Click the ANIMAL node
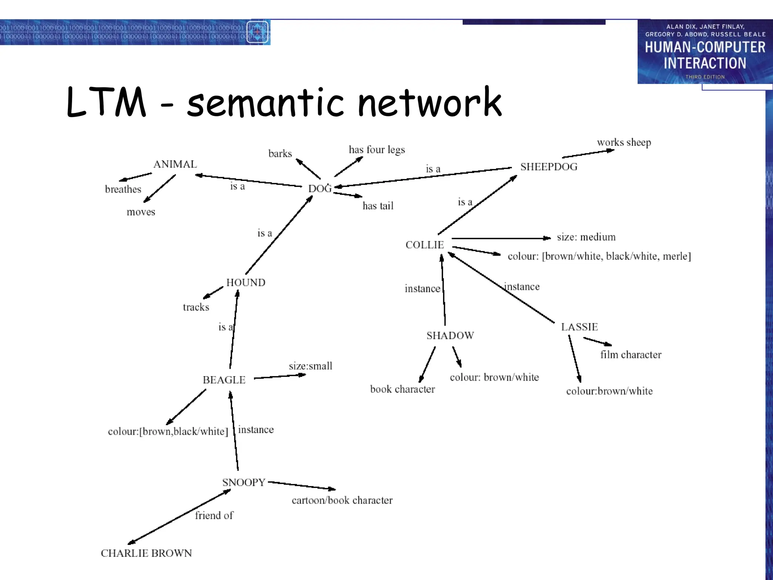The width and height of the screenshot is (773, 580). coord(175,164)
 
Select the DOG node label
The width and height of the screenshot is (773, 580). coord(320,188)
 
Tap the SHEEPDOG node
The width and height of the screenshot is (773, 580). coord(549,167)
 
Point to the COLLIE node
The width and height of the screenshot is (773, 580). coord(425,245)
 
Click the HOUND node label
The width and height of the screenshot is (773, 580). coord(246,282)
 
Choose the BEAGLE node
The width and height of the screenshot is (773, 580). coord(224,380)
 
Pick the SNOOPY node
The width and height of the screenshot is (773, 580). coord(244,482)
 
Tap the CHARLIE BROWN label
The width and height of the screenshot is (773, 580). coord(146,553)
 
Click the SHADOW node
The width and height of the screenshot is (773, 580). coord(450,335)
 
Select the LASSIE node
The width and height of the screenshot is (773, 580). coord(579,327)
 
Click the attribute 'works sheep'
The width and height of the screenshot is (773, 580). coord(624,142)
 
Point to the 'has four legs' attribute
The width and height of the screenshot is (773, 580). coord(377,150)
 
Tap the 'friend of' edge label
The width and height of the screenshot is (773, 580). coord(214,515)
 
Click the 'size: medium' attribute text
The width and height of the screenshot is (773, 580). coord(586,237)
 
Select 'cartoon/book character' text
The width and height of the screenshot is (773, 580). coord(342,500)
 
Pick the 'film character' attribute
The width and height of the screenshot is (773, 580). coord(631,355)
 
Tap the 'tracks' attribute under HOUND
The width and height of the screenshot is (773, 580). coord(196,307)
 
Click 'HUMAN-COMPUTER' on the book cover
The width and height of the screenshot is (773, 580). coord(705,47)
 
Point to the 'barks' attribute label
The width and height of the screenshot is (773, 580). coord(280,154)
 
